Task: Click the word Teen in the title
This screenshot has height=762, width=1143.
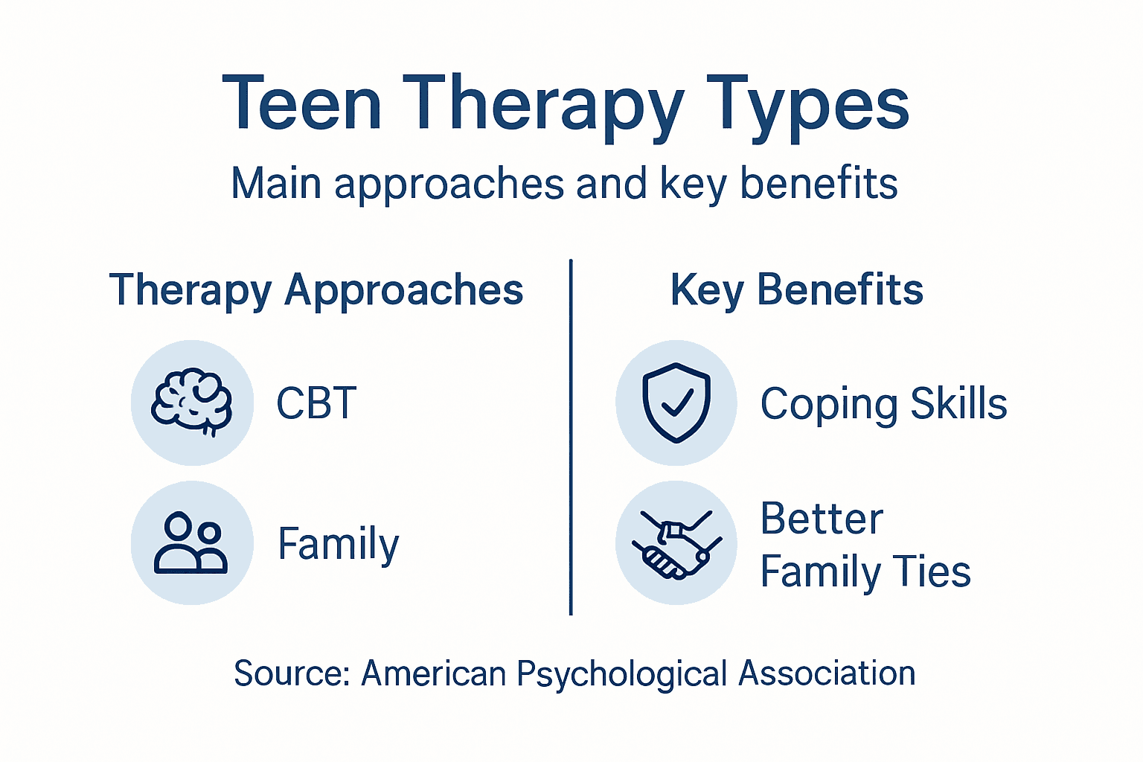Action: click(301, 104)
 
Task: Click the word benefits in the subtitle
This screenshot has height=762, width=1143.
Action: click(819, 183)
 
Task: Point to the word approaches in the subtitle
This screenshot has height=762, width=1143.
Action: click(449, 185)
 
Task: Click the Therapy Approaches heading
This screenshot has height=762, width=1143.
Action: click(316, 290)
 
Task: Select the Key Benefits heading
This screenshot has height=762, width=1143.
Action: click(796, 290)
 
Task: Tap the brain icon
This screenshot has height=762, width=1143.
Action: click(192, 403)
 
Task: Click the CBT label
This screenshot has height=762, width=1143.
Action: click(316, 403)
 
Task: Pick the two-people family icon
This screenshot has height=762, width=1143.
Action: click(191, 543)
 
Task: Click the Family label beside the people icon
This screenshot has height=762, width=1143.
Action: click(339, 544)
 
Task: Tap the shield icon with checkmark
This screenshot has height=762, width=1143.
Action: click(676, 403)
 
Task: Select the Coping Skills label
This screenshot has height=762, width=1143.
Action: click(883, 404)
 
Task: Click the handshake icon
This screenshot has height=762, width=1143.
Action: click(676, 544)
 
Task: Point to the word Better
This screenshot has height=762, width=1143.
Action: click(822, 519)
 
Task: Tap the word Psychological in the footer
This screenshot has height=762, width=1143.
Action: click(621, 674)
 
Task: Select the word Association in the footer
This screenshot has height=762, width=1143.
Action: click(827, 673)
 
